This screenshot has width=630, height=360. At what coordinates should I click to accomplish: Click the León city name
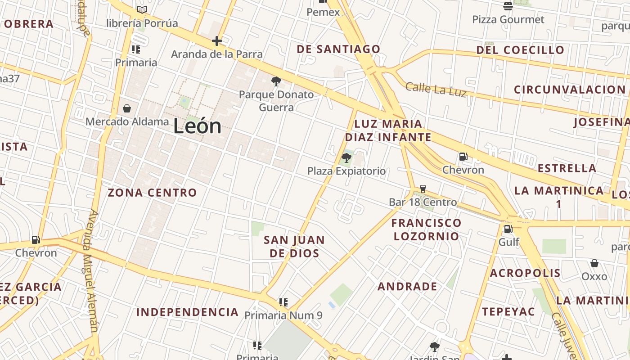197,126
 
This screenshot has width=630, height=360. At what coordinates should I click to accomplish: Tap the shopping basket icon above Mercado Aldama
127,108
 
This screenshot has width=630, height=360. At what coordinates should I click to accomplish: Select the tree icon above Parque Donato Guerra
276,81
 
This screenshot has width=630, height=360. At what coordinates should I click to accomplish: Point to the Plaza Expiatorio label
346,171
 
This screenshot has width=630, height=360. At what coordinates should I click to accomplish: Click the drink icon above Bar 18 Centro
423,189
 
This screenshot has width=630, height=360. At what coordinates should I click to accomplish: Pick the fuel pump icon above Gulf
508,229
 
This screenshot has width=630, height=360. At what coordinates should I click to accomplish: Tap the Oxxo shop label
594,276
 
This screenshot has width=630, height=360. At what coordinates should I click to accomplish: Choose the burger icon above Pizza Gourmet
508,6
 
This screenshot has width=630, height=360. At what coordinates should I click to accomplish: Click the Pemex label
323,12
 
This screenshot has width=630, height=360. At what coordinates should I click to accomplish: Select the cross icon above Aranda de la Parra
217,41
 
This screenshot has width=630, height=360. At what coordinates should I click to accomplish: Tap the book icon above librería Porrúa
142,9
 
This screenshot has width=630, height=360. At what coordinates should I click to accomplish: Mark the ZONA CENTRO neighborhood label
152,193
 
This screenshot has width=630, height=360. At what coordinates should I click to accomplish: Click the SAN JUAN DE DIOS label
294,246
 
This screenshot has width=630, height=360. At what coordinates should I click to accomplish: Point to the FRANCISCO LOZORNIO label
426,229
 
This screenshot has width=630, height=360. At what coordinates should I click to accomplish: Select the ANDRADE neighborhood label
407,286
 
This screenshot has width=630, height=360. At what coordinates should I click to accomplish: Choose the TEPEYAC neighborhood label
508,311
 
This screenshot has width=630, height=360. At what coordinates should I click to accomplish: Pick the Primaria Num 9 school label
283,315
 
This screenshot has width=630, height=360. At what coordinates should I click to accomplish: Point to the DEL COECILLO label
520,50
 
